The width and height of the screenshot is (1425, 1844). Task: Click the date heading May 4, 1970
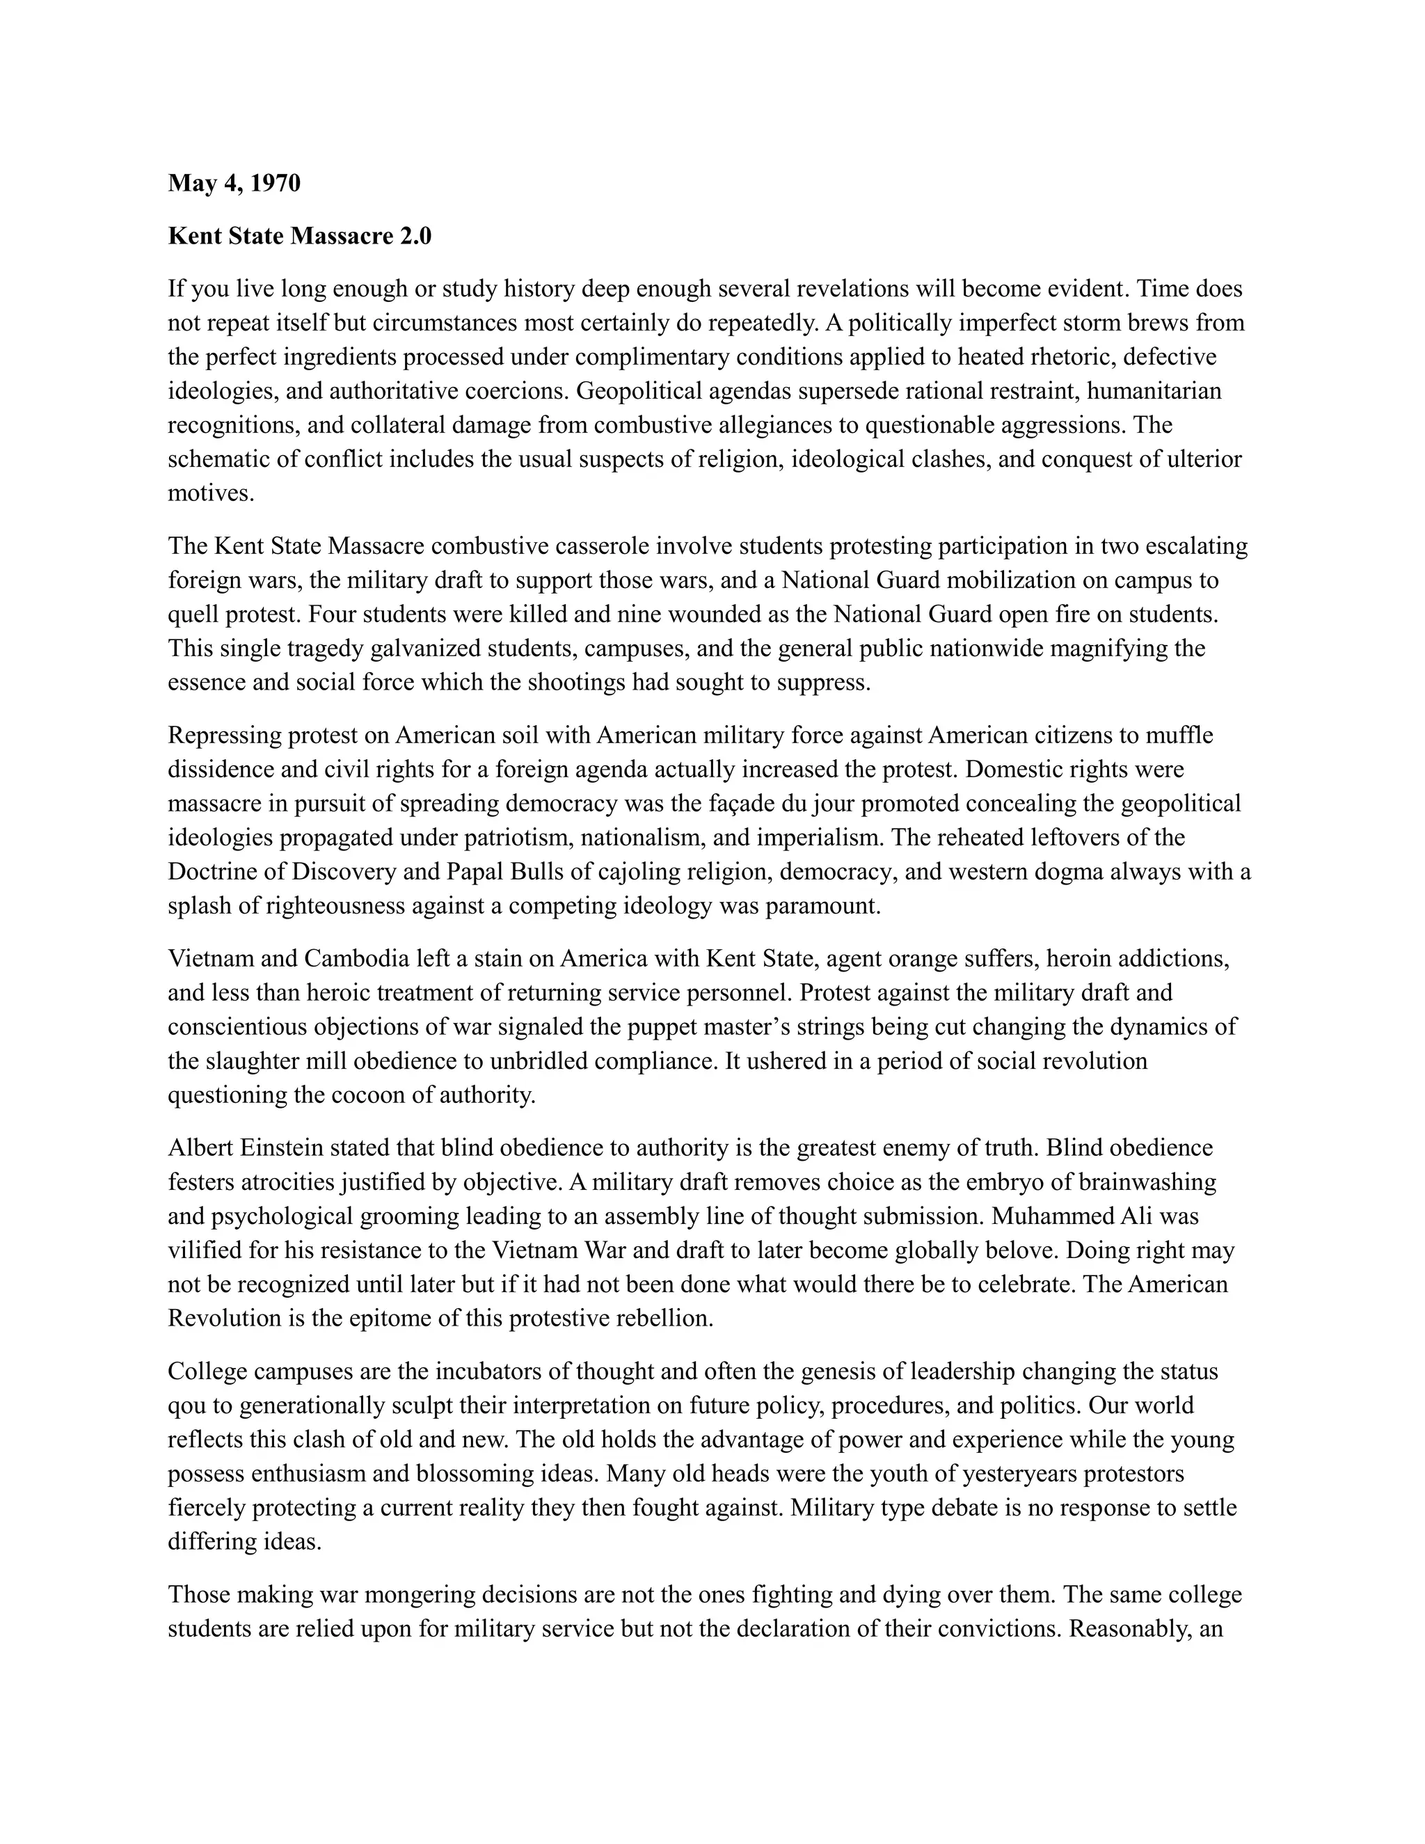pyautogui.click(x=234, y=183)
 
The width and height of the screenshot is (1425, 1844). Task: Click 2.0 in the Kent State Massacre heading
pyautogui.click(x=414, y=237)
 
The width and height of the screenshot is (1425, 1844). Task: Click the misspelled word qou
pyautogui.click(x=184, y=1406)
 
